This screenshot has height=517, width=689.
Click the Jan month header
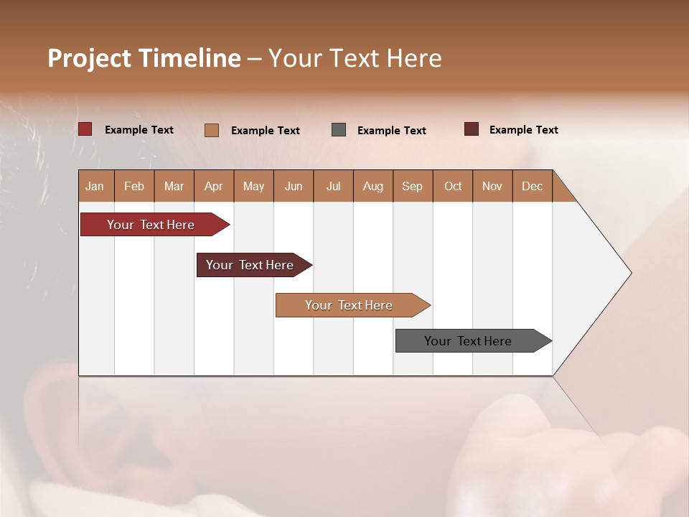click(x=95, y=186)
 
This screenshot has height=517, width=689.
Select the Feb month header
click(x=134, y=186)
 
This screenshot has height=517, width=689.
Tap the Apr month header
click(x=213, y=186)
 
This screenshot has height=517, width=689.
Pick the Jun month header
click(x=294, y=186)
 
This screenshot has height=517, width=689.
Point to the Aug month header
click(x=372, y=186)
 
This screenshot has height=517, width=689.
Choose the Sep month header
click(x=412, y=186)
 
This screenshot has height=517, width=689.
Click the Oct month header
click(x=453, y=186)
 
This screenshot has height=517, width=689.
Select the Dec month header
click(x=532, y=186)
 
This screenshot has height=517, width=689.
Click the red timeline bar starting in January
click(x=151, y=225)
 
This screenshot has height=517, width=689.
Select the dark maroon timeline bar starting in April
click(x=250, y=265)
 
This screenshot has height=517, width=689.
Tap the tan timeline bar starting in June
click(x=350, y=305)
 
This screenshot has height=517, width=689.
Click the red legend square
click(x=85, y=129)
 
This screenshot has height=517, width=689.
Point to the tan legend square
click(x=212, y=130)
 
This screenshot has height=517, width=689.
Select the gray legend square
click(x=339, y=130)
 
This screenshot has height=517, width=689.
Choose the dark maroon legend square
click(x=472, y=129)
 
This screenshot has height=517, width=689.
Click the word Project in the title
click(x=89, y=58)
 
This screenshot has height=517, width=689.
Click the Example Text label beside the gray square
click(x=392, y=130)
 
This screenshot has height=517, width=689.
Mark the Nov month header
click(x=492, y=186)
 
